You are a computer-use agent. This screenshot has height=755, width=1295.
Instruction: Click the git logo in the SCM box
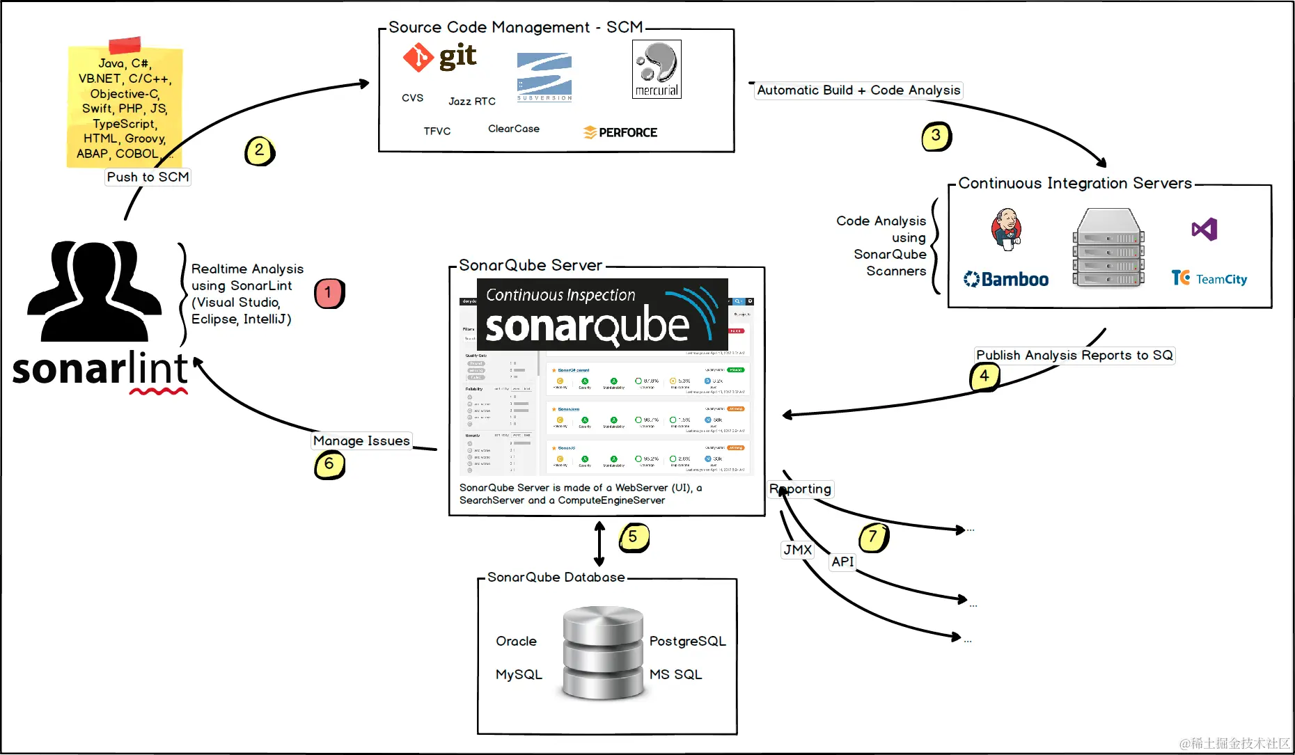point(439,57)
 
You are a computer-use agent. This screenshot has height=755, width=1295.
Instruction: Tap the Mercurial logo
point(657,69)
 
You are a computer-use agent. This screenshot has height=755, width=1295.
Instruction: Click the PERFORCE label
point(620,132)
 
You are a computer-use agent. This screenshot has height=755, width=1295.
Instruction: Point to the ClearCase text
point(514,129)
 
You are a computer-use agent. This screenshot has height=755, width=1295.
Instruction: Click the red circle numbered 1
point(329,293)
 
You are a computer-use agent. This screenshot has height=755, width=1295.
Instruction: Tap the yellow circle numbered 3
point(936,136)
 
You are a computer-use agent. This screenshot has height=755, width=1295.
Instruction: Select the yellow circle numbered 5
point(633,537)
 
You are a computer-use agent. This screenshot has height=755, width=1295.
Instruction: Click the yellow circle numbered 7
point(873,537)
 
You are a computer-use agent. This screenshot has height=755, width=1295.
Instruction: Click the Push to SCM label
point(148,177)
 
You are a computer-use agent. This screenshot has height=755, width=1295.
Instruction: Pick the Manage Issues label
point(361,440)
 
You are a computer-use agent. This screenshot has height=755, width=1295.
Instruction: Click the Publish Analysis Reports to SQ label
point(1074,355)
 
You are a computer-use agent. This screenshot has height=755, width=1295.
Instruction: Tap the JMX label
point(798,550)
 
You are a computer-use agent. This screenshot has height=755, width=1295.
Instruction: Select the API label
point(842,562)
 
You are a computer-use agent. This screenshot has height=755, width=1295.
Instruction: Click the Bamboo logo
point(1006,279)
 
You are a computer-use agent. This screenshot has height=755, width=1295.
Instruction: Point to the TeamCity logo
point(1209,278)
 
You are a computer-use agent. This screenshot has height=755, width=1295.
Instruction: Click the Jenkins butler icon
point(1006,229)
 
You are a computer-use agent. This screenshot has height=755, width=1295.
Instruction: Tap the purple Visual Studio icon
point(1204,229)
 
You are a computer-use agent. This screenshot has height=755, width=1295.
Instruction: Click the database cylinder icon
point(603,652)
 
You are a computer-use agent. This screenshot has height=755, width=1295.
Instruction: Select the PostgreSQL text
point(687,641)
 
